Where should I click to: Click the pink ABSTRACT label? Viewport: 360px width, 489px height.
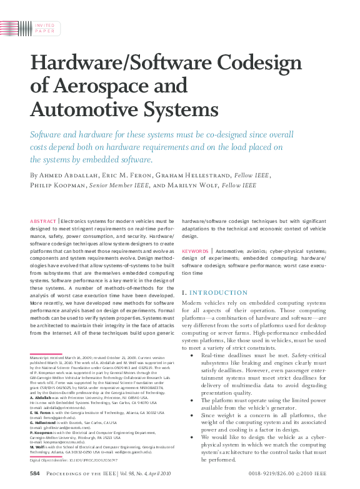[x=42, y=221]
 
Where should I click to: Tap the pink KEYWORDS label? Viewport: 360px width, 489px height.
[x=194, y=252]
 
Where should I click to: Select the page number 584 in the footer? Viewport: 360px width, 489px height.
[x=35, y=474]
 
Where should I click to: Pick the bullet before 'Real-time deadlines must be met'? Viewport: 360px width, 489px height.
[x=192, y=355]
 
